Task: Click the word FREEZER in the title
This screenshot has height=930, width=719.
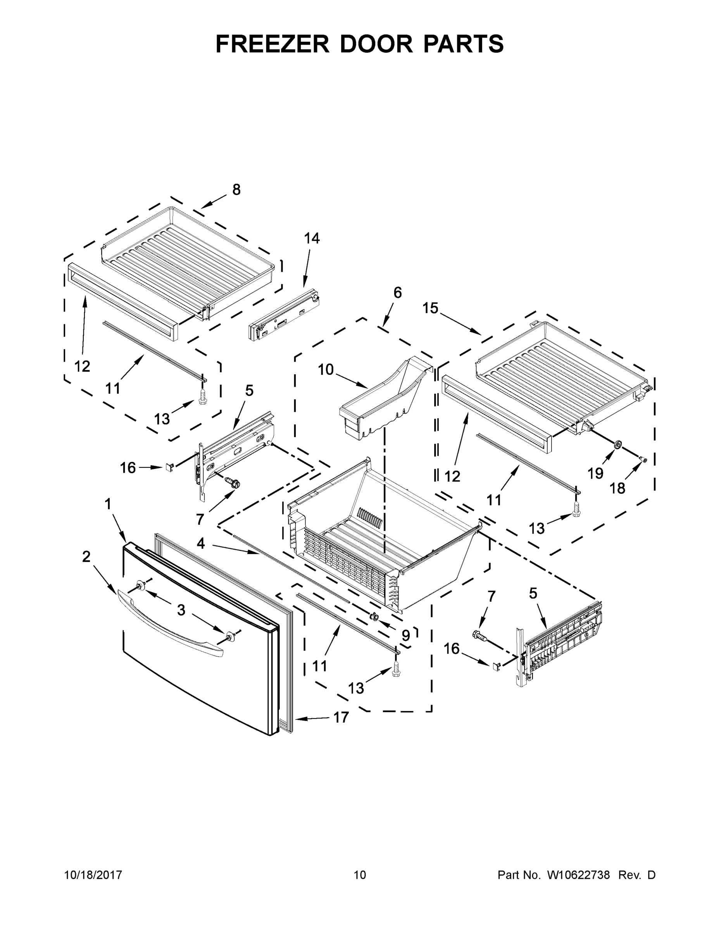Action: point(272,44)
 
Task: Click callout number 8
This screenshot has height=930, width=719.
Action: point(236,189)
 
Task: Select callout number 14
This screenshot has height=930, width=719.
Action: point(312,238)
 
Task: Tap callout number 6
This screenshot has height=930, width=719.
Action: point(397,293)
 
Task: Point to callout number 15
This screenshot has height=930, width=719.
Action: point(430,308)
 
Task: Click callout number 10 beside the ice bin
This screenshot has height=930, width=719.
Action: point(326,370)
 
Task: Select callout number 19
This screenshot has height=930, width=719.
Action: point(595,473)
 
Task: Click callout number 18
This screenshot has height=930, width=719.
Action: point(617,488)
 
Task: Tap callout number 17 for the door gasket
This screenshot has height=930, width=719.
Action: point(341,718)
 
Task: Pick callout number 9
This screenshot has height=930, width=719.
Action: point(405,636)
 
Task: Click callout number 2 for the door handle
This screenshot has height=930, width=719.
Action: point(86,556)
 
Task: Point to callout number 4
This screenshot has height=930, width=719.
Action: point(201,543)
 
